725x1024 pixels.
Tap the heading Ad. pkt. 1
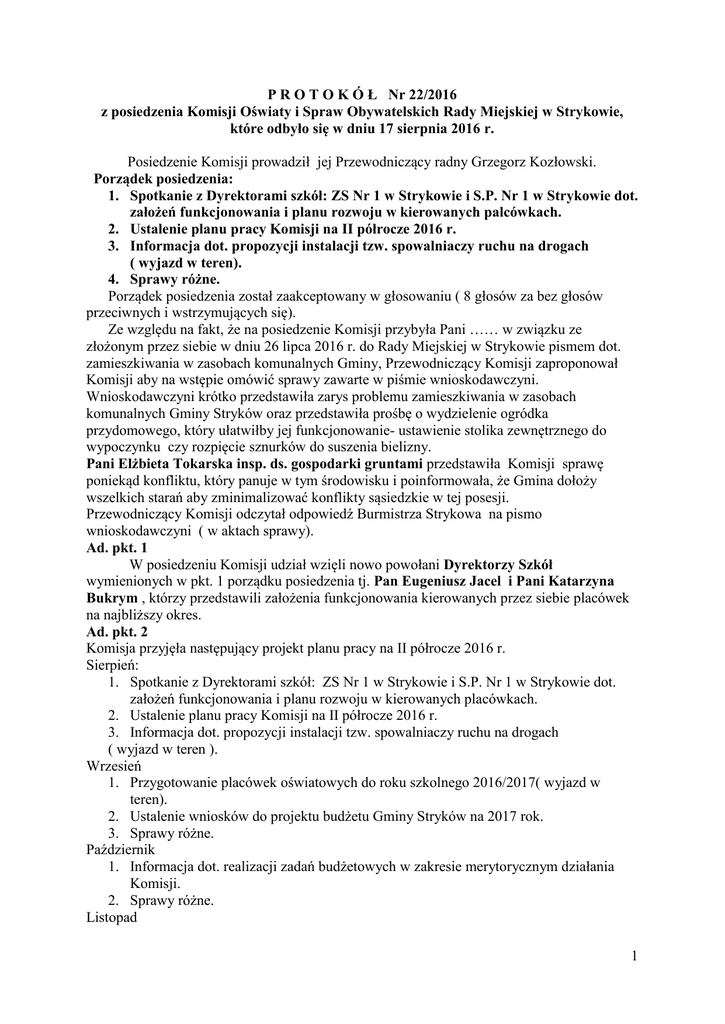[x=116, y=549]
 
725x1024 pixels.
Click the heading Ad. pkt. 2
[x=116, y=633]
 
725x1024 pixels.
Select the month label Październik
[x=125, y=849]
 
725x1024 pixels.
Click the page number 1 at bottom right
[x=634, y=959]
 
